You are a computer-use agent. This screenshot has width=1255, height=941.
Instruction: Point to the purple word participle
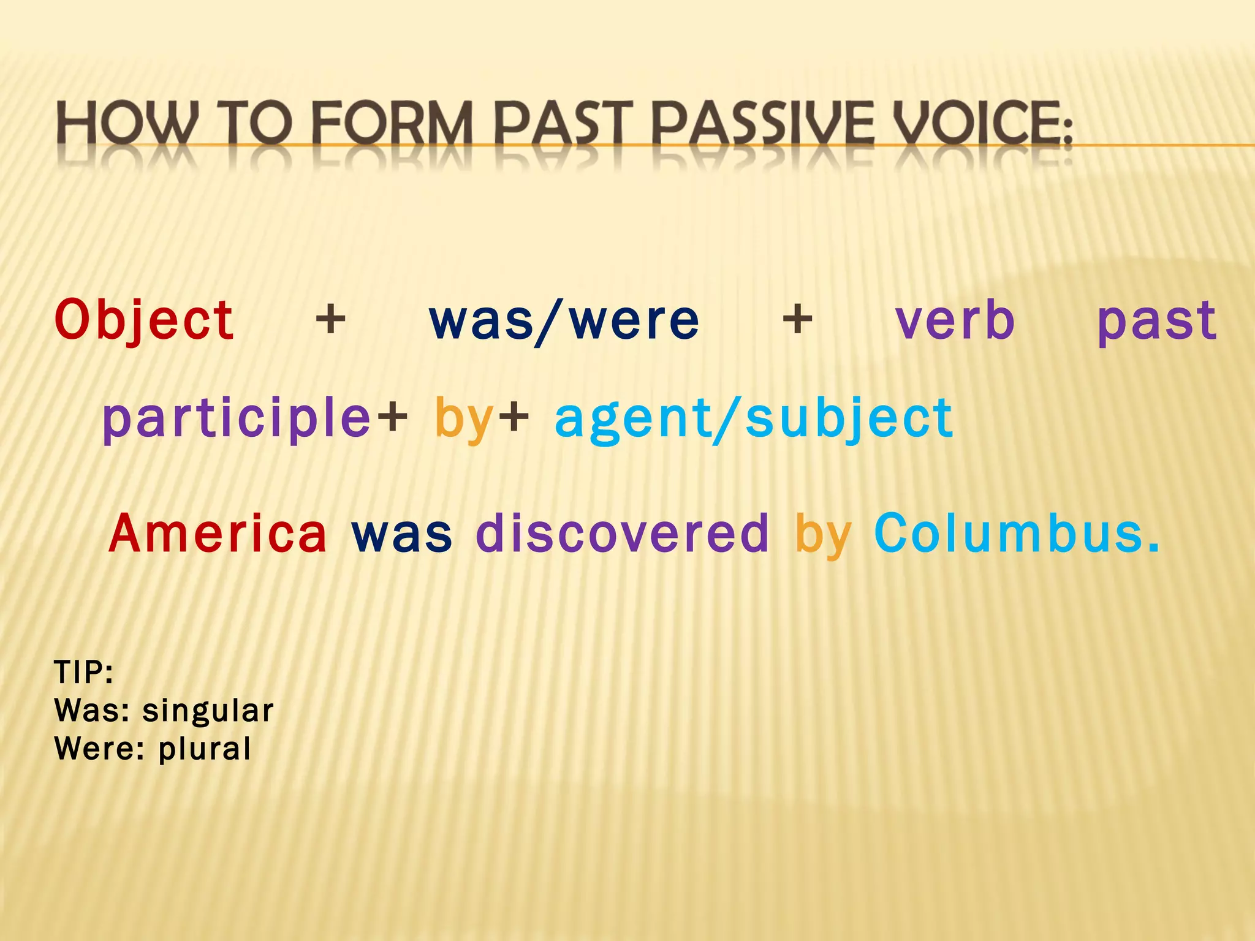tap(237, 419)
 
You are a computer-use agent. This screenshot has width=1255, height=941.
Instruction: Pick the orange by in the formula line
tap(464, 419)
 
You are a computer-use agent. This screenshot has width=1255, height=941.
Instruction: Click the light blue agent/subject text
tap(754, 419)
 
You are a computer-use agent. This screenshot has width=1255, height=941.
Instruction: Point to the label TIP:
tap(84, 673)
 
